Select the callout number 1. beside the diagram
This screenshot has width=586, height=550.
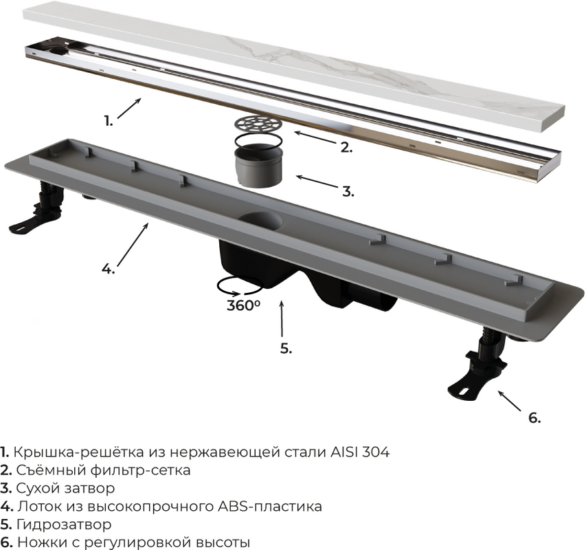(x=109, y=121)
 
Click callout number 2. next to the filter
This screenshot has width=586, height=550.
(x=346, y=147)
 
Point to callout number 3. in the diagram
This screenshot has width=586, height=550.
(x=348, y=191)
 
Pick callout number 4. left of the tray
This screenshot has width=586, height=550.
(x=109, y=268)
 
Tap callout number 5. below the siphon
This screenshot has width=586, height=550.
(x=286, y=349)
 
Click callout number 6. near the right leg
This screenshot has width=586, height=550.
(x=534, y=417)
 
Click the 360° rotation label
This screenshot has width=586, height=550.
(x=243, y=305)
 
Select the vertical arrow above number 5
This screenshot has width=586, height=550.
(x=282, y=318)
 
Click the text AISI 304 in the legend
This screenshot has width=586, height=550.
(x=360, y=452)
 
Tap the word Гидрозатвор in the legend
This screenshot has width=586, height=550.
(x=64, y=524)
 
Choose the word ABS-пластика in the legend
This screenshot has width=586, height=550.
(x=269, y=506)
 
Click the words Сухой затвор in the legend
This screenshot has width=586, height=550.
(x=65, y=488)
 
